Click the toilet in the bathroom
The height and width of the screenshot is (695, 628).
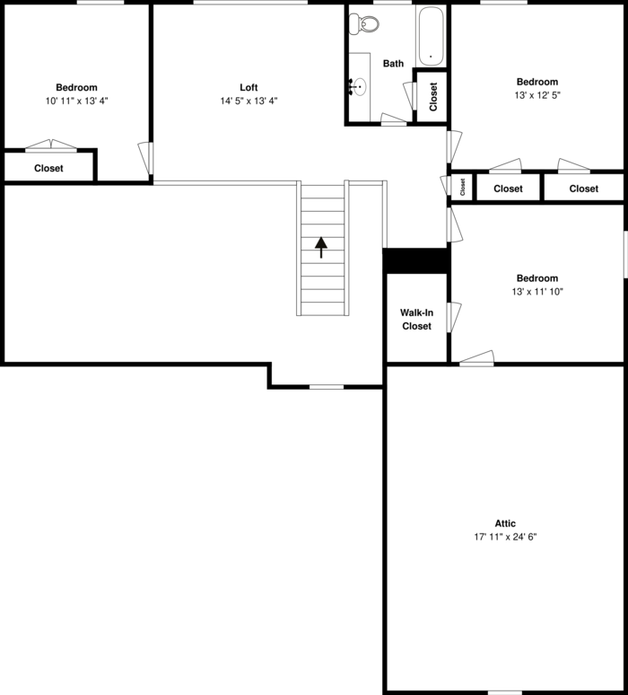(x=363, y=23)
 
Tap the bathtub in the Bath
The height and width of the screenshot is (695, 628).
(x=431, y=36)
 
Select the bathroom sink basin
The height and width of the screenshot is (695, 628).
(x=360, y=87)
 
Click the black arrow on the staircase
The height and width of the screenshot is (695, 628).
(x=321, y=247)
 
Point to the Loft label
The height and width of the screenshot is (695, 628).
(x=249, y=87)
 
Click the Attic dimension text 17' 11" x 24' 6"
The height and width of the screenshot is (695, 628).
(x=505, y=537)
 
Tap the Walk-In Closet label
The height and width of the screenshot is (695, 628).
(x=417, y=319)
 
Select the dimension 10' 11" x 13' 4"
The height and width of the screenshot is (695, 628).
(x=76, y=101)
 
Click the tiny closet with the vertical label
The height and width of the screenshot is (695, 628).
(x=462, y=187)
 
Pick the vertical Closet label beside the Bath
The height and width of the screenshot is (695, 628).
(x=433, y=97)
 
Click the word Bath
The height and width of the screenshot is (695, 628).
(x=393, y=64)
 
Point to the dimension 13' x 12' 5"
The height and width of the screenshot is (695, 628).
(x=537, y=95)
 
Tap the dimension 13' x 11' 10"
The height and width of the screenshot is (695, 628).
(x=537, y=291)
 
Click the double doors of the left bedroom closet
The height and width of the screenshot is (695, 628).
(x=51, y=145)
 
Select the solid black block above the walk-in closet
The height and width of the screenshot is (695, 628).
(x=416, y=260)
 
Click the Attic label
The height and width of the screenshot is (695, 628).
(x=505, y=523)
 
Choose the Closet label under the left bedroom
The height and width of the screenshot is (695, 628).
(x=48, y=168)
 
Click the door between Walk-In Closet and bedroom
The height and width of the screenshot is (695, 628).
(x=454, y=317)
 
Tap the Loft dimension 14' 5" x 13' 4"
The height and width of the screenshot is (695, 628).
(x=249, y=101)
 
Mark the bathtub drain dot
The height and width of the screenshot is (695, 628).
(x=431, y=57)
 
